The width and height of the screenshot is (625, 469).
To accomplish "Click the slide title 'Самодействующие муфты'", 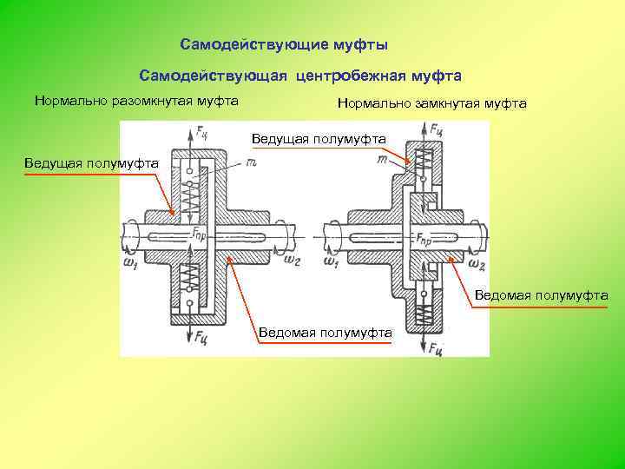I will pyautogui.click(x=284, y=43).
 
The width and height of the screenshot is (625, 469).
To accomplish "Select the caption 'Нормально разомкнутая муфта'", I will pyautogui.click(x=136, y=101).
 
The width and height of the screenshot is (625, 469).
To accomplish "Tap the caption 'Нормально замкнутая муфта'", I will pyautogui.click(x=431, y=103).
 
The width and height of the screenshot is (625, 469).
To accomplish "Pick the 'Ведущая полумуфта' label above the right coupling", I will pyautogui.click(x=319, y=139).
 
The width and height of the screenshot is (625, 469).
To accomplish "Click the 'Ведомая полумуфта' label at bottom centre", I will pyautogui.click(x=326, y=332).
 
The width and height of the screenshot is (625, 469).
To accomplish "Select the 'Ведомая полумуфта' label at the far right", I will pyautogui.click(x=541, y=295).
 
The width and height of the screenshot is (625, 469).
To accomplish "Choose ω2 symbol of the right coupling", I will pyautogui.click(x=476, y=261).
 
